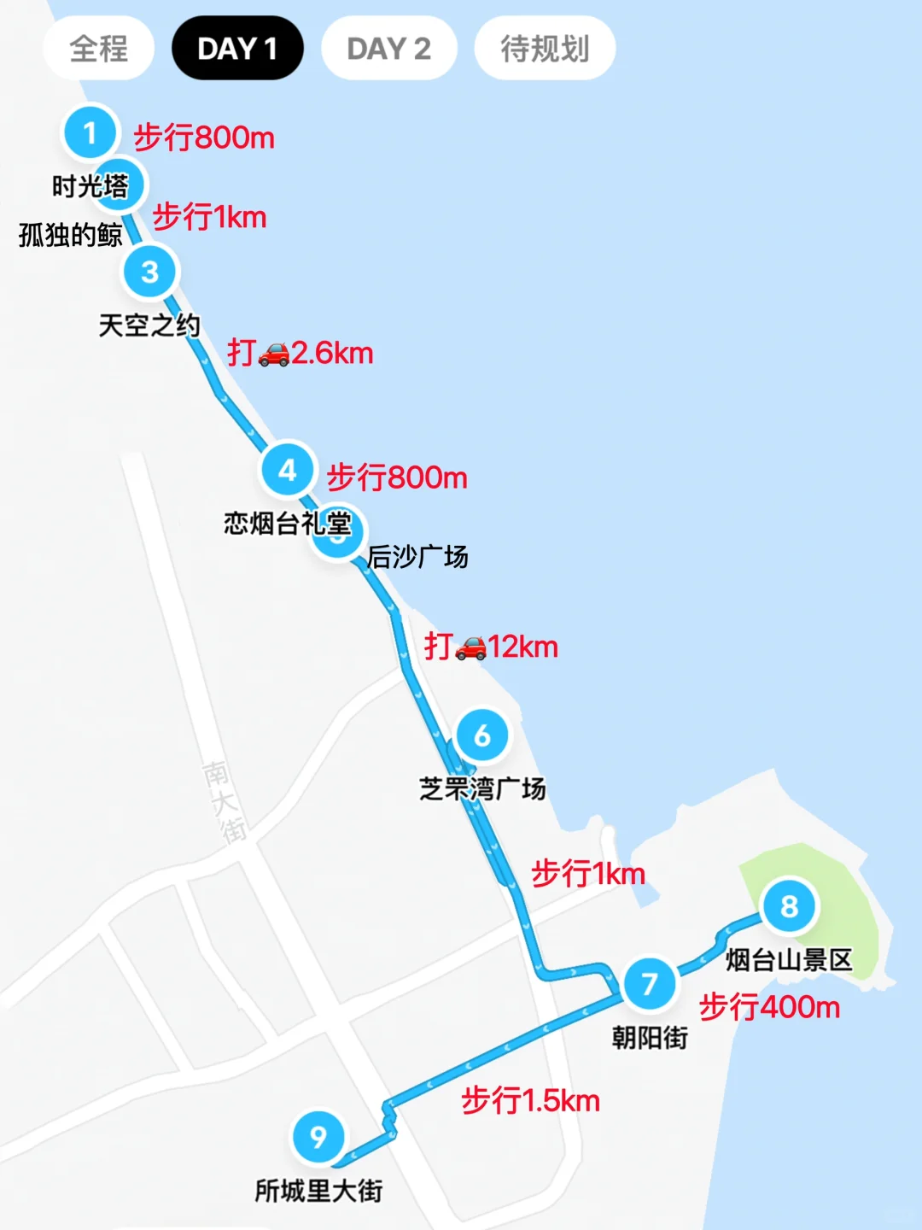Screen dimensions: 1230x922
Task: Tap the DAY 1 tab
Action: click(x=237, y=49)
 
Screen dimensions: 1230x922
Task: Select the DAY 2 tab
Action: click(x=388, y=49)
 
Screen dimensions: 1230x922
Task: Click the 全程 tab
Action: click(x=99, y=49)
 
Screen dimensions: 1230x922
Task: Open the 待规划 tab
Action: click(x=545, y=49)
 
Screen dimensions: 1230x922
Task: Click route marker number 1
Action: click(x=90, y=132)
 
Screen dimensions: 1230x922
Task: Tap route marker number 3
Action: click(x=150, y=272)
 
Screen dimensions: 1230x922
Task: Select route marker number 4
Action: click(x=288, y=470)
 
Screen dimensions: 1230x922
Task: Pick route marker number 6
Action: click(x=482, y=735)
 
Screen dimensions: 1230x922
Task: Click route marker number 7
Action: click(x=650, y=983)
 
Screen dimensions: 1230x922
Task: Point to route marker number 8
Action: click(x=790, y=905)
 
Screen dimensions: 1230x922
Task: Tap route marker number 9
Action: click(x=318, y=1137)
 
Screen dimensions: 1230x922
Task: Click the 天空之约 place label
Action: click(x=149, y=325)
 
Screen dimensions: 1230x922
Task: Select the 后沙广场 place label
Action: click(x=417, y=557)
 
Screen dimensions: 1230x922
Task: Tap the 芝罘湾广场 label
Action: click(x=482, y=788)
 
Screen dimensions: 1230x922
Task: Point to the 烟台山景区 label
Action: click(x=789, y=960)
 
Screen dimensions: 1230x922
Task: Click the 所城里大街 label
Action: click(x=318, y=1191)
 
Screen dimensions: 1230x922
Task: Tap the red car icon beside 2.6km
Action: click(x=274, y=354)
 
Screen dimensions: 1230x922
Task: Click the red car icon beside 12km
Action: click(x=470, y=647)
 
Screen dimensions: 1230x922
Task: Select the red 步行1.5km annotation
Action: click(x=530, y=1100)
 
